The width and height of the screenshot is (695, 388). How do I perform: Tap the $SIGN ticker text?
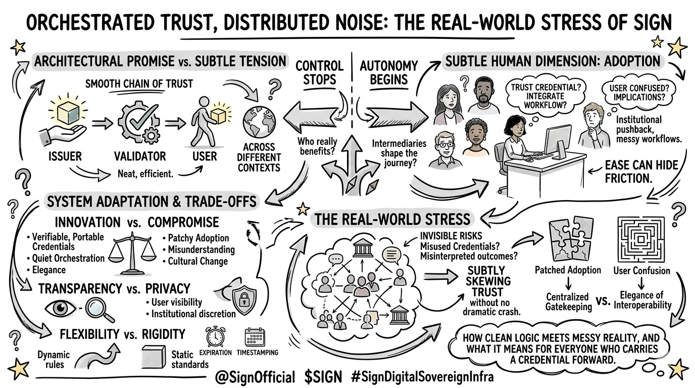(323, 376)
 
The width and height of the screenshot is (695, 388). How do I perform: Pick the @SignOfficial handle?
(256, 376)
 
